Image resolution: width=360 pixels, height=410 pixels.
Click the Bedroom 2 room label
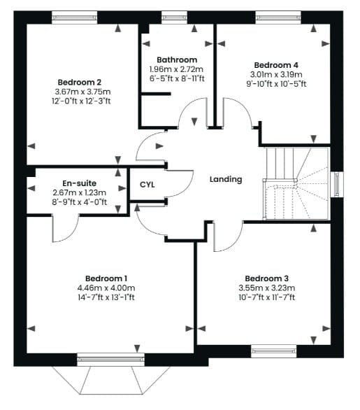pyautogui.click(x=80, y=83)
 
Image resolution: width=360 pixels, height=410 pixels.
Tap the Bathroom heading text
pyautogui.click(x=177, y=60)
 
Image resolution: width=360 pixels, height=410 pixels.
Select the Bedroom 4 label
pyautogui.click(x=276, y=65)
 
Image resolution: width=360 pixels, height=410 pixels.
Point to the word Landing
pyautogui.click(x=226, y=179)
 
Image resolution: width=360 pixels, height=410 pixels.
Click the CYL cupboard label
pyautogui.click(x=147, y=185)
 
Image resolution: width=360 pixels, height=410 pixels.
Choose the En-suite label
pyautogui.click(x=80, y=183)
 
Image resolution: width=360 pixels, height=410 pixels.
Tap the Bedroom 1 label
pyautogui.click(x=106, y=278)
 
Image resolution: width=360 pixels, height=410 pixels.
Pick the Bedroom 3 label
pyautogui.click(x=267, y=278)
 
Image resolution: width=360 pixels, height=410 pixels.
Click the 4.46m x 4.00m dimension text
pyautogui.click(x=106, y=288)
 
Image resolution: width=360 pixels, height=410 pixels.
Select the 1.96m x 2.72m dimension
pyautogui.click(x=176, y=69)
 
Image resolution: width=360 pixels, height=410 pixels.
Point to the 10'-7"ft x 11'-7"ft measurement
pyautogui.click(x=267, y=297)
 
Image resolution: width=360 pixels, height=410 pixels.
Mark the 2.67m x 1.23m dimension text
pyautogui.click(x=80, y=192)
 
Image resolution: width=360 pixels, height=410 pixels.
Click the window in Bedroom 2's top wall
pyautogui.click(x=75, y=17)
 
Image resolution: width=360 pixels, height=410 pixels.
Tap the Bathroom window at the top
pyautogui.click(x=175, y=17)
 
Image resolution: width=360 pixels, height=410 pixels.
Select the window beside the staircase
pyautogui.click(x=337, y=184)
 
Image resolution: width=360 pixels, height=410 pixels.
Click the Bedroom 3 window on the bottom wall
pyautogui.click(x=274, y=351)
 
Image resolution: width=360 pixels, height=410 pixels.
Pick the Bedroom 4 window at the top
pyautogui.click(x=278, y=17)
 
